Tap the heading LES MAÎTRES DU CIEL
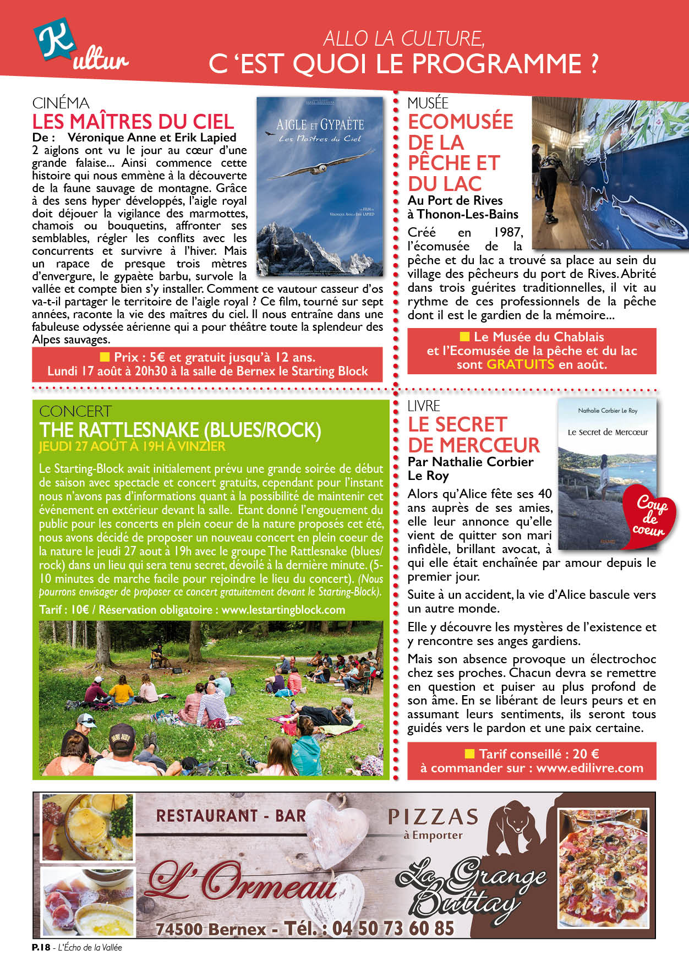pos(133,122)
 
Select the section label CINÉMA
pos(61,103)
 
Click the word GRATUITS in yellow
pos(520,364)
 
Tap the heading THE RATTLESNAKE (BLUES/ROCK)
pos(180,430)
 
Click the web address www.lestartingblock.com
pos(283,610)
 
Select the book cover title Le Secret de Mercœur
pos(608,432)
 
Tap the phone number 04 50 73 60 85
pos(393,929)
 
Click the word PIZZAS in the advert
pos(433,817)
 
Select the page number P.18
pos(41,947)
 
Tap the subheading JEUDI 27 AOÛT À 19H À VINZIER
pos(132,446)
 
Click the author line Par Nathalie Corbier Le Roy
pos(470,468)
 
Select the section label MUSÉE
pos(428,103)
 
